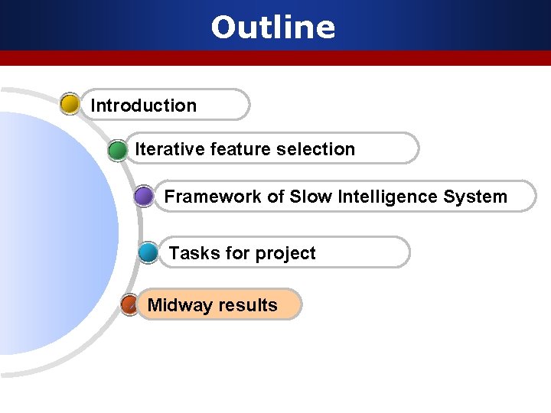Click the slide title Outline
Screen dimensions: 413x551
(x=273, y=28)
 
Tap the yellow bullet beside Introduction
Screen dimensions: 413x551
(x=70, y=105)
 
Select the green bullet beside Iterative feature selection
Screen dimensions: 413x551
(x=118, y=150)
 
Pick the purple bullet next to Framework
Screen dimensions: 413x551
(x=143, y=197)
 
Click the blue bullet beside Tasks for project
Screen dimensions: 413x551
(x=149, y=253)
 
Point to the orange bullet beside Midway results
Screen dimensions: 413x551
(x=130, y=305)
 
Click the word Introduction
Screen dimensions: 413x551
(x=144, y=106)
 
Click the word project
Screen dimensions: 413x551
(x=285, y=254)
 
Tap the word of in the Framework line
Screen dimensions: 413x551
(x=275, y=197)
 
